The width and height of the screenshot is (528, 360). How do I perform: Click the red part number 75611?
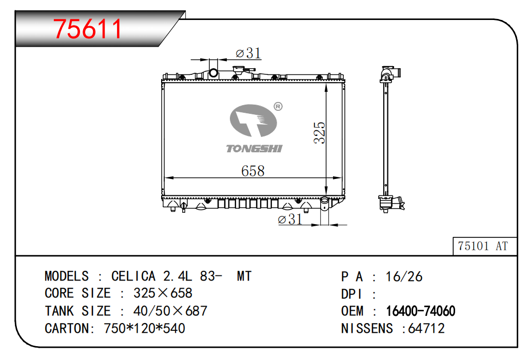pos(88,29)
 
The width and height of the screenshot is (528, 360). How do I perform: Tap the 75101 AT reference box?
pos(484,246)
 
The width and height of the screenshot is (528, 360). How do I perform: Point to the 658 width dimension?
pos(253,171)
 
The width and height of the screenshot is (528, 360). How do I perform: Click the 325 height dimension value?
pos(319,133)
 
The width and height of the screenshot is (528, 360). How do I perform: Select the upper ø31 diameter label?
pos(248,53)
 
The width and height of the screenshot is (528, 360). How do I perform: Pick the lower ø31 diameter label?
pos(290,219)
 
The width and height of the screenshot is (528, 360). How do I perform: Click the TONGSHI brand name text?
pos(254,149)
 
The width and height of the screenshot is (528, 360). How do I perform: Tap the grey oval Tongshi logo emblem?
pos(253,121)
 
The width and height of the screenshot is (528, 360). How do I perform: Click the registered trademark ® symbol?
pos(278,107)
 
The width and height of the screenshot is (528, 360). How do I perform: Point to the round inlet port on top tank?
pos(213,73)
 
